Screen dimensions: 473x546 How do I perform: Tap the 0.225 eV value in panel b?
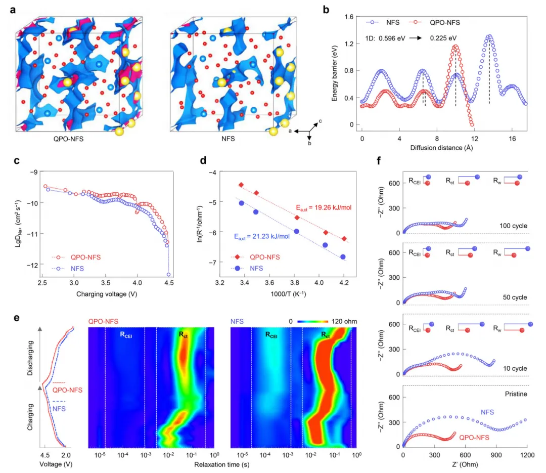click(443, 38)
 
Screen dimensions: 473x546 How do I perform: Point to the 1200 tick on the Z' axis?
click(527, 456)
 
